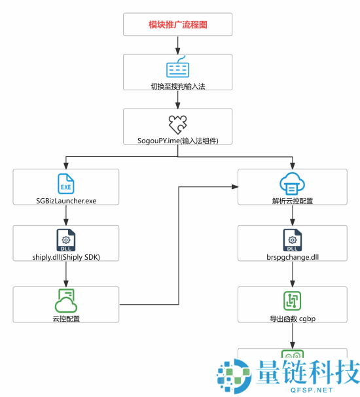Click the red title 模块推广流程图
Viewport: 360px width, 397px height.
click(178, 25)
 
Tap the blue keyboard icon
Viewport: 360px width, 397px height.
click(178, 67)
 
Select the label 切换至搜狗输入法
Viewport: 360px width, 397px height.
click(178, 86)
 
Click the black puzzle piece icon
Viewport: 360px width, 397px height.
click(178, 124)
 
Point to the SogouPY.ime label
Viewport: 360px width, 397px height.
click(178, 141)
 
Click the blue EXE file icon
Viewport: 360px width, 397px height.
click(66, 184)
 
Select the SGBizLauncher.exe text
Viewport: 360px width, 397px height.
click(66, 201)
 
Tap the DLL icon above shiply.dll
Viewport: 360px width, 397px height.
click(66, 240)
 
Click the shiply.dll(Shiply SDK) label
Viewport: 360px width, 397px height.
click(66, 257)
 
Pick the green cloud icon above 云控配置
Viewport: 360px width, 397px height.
click(66, 301)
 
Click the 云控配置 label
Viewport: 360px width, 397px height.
click(66, 319)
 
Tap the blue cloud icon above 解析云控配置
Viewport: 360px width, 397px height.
click(292, 184)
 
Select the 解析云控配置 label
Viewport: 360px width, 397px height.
click(293, 201)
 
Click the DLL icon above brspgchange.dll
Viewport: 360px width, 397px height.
click(293, 240)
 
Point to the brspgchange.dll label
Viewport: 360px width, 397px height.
click(293, 257)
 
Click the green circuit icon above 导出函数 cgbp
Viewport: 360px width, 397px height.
click(292, 301)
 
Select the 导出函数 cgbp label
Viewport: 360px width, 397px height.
click(293, 319)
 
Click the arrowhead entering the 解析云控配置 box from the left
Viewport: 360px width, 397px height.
click(235, 187)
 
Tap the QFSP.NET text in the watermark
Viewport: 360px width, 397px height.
click(312, 390)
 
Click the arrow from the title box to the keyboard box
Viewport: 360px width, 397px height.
click(178, 45)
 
